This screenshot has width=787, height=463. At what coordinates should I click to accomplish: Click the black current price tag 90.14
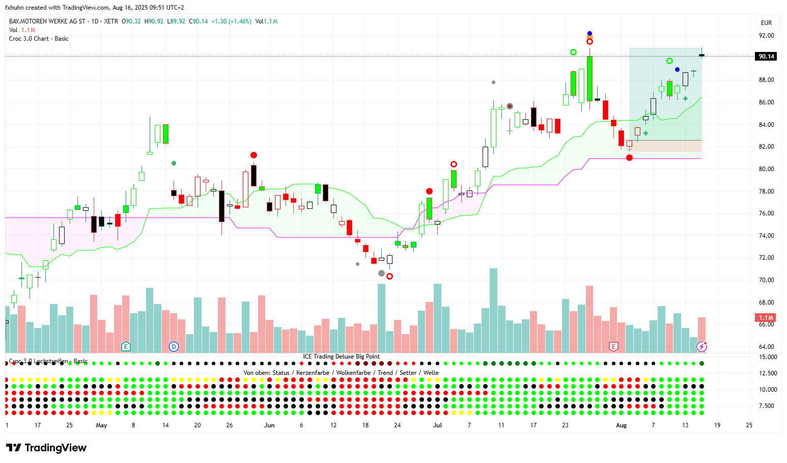(766, 57)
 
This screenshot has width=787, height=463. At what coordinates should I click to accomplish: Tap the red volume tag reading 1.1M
(766, 318)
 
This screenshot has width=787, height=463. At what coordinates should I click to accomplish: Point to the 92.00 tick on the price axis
(766, 36)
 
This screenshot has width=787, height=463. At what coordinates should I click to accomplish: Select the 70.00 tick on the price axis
(766, 280)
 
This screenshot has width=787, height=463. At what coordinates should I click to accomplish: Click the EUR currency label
(766, 23)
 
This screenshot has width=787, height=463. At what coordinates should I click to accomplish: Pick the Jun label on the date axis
(269, 425)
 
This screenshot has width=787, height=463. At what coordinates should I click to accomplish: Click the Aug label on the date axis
(621, 425)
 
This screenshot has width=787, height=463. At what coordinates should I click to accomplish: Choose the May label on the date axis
(101, 425)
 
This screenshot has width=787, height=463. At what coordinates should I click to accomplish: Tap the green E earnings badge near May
(126, 347)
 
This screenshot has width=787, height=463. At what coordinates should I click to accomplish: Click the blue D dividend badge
(174, 347)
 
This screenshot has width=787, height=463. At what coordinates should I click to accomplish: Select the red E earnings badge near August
(613, 347)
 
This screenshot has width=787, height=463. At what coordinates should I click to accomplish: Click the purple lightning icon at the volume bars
(701, 347)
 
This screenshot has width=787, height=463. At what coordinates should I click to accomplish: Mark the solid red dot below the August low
(629, 158)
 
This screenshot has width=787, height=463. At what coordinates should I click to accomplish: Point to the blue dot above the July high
(589, 33)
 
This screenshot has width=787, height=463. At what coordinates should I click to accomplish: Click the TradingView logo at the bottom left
(46, 448)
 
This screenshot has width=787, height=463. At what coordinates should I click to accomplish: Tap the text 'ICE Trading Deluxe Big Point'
(341, 357)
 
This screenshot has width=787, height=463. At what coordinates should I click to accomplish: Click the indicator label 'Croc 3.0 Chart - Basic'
(39, 39)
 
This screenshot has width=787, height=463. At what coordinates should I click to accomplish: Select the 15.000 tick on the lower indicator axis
(768, 357)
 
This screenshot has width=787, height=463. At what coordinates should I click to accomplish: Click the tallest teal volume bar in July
(493, 311)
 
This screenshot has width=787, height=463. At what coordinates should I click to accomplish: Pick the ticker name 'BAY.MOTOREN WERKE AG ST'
(47, 21)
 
